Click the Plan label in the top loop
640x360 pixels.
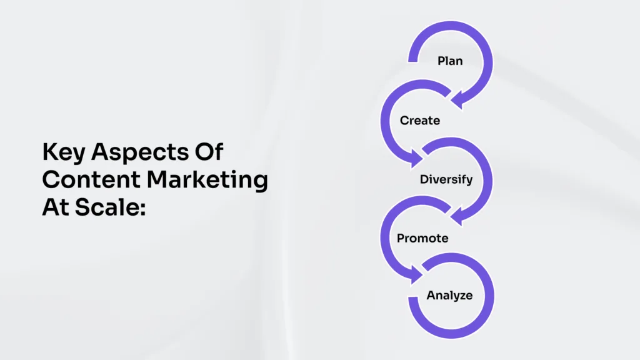(450, 61)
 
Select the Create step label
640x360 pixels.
(420, 120)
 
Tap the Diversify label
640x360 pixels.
(446, 180)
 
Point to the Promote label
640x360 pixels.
(422, 238)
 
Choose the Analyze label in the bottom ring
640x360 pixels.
(449, 295)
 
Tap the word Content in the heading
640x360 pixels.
(91, 180)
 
